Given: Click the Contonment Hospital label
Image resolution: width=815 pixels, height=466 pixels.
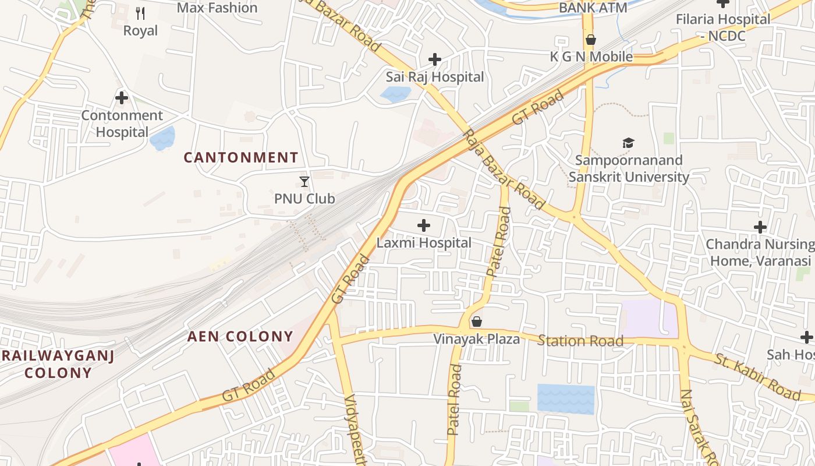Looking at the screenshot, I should (x=122, y=123).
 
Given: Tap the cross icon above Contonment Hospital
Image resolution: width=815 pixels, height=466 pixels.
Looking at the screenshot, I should (x=122, y=97).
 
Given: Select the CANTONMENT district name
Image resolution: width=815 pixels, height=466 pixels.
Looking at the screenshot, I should (x=241, y=157).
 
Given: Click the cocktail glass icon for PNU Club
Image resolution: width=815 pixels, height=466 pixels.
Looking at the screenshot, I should (x=304, y=182).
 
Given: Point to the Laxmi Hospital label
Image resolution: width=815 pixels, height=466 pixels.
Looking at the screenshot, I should (x=424, y=242).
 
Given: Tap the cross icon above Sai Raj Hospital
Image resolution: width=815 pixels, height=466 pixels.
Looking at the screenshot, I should (x=434, y=59).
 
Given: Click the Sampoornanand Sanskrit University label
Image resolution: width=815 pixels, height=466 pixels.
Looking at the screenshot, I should (x=629, y=168).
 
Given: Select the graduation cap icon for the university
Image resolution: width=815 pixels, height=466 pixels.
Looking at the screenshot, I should (x=628, y=143).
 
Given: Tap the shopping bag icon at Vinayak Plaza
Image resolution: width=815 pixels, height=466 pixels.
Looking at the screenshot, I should (x=476, y=322).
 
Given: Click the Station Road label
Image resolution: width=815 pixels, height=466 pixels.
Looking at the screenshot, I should (x=580, y=341).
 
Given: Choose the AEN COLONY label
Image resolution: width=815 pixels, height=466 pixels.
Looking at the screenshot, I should (x=240, y=336).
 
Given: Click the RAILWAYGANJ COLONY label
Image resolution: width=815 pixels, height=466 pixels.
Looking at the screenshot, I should (x=58, y=364).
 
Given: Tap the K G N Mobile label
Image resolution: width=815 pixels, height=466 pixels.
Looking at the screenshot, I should (x=591, y=57).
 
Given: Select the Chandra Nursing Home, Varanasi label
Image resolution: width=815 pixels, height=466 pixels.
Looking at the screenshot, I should (x=759, y=252).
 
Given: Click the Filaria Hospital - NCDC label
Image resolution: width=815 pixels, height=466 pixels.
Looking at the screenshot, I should (x=722, y=27).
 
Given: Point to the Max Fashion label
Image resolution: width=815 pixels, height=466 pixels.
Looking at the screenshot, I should (x=217, y=8).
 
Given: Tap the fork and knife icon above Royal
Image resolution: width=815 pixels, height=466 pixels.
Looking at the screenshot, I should (x=140, y=13).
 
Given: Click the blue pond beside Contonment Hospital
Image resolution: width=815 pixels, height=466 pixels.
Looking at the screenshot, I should (x=162, y=138).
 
